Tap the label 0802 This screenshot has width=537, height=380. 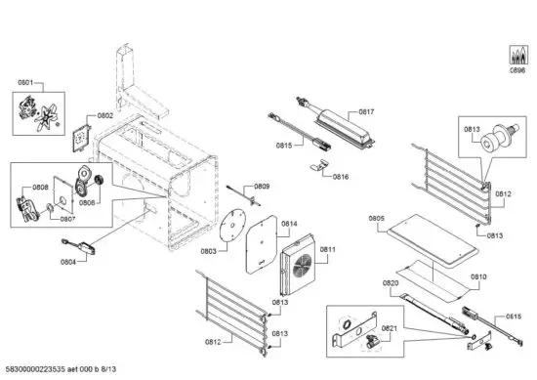point(105,116)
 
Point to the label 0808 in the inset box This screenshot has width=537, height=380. point(41,188)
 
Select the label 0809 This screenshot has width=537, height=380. point(263,186)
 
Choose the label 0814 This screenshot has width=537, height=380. point(290,224)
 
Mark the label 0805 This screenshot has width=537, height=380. point(377,218)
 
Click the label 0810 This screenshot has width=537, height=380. point(478,276)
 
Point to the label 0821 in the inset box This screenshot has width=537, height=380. point(389,328)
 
